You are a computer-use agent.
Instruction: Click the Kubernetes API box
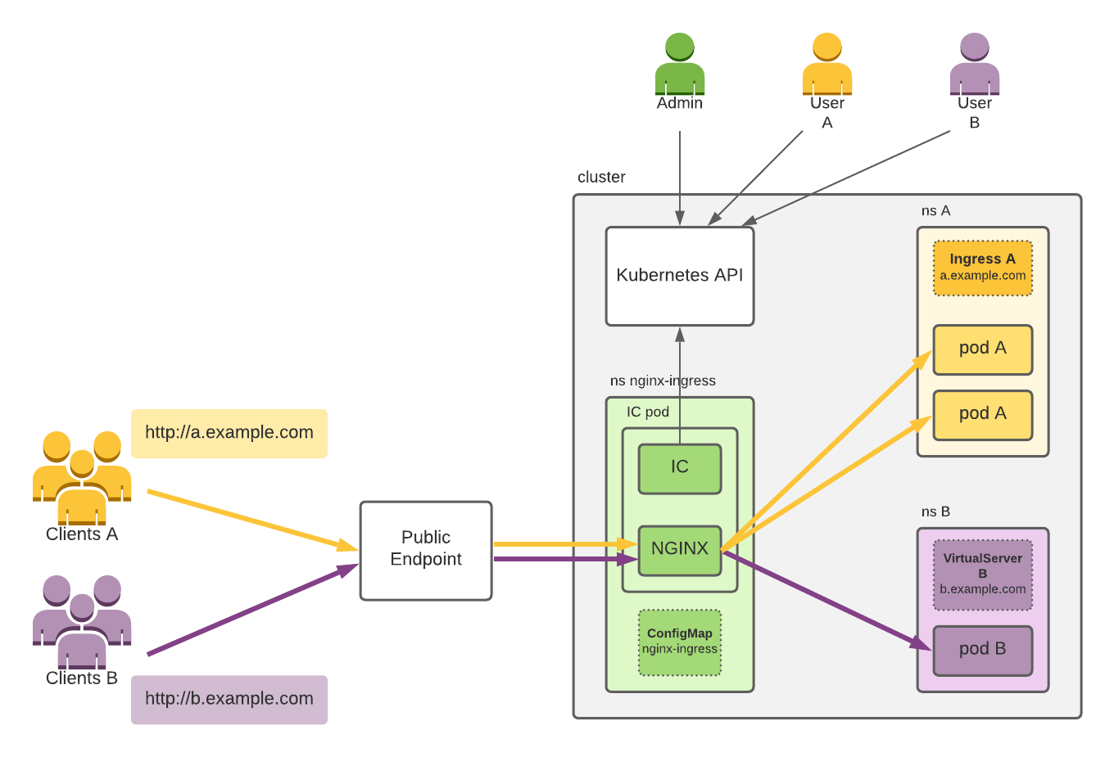tap(679, 276)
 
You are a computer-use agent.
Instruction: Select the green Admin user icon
tap(679, 64)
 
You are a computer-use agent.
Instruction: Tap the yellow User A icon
tap(826, 64)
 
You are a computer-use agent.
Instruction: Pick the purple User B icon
tap(974, 64)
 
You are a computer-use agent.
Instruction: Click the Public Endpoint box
tap(425, 550)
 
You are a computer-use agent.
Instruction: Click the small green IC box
tap(679, 468)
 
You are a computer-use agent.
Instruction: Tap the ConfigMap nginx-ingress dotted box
tap(679, 642)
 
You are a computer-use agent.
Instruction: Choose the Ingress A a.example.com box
tap(982, 268)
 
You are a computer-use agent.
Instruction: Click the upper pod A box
tap(982, 349)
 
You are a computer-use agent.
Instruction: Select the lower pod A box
tap(982, 415)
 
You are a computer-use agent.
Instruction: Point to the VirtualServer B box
tap(982, 575)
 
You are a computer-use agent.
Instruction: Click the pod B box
tap(982, 651)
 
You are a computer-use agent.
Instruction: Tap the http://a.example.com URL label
tap(229, 433)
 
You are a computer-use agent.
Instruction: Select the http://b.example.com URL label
tap(229, 699)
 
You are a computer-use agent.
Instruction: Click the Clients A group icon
tap(82, 478)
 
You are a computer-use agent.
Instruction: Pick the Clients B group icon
tap(82, 622)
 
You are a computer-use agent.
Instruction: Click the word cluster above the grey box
tap(601, 177)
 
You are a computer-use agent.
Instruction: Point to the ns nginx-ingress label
tap(663, 381)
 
